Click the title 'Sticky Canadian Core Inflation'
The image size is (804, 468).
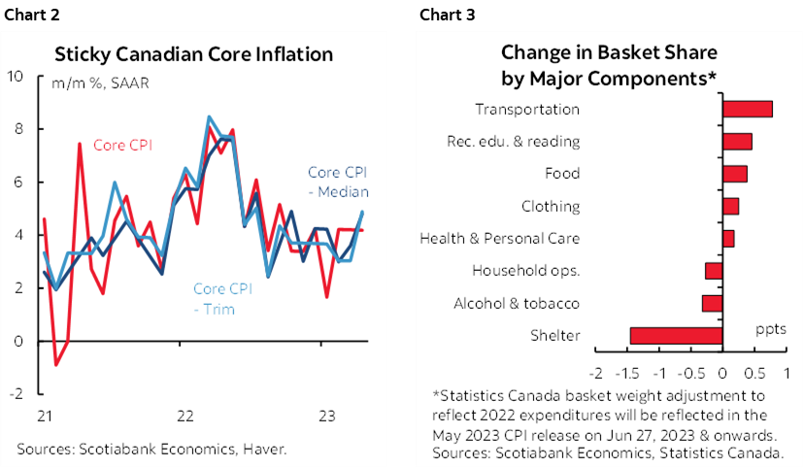click(x=193, y=53)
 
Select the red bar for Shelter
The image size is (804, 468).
click(x=676, y=335)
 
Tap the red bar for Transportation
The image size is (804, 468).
click(x=748, y=109)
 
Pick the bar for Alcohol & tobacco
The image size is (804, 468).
click(x=712, y=303)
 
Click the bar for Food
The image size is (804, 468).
click(x=735, y=174)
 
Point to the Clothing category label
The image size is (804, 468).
click(x=550, y=206)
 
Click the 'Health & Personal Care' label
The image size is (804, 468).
click(x=499, y=238)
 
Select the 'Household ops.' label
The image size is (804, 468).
click(x=525, y=270)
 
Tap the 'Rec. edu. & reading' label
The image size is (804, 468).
click(x=513, y=141)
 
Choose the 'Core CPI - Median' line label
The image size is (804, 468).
click(x=337, y=182)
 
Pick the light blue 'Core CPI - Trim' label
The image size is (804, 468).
click(x=223, y=299)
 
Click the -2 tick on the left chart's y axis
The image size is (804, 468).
click(x=14, y=394)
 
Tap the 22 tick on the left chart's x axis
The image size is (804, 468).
click(x=184, y=417)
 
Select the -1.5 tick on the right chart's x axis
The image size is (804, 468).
click(x=628, y=373)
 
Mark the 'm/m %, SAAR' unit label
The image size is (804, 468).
click(x=95, y=83)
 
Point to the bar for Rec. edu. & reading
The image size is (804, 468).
click(x=738, y=141)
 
